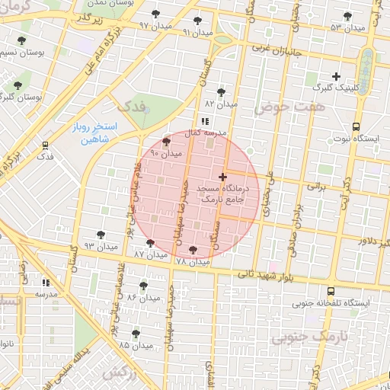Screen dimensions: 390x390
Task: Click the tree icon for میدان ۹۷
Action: (x=156, y=14)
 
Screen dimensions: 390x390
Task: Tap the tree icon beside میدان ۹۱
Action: (x=199, y=21)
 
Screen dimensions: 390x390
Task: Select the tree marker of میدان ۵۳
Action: (x=348, y=16)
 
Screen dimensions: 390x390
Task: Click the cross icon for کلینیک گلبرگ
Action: (x=336, y=76)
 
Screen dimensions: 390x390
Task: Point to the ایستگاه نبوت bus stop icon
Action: (x=356, y=127)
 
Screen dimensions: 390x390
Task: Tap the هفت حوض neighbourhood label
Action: (x=300, y=107)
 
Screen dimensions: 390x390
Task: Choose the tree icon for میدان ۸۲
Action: (x=221, y=91)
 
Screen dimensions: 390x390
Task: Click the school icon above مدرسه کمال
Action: (x=204, y=120)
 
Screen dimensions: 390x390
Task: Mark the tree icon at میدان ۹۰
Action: (x=167, y=142)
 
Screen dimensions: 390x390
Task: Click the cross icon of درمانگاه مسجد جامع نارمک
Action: (x=222, y=177)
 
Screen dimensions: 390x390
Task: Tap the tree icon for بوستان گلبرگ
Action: (x=18, y=85)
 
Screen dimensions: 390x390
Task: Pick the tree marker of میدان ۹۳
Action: (x=101, y=235)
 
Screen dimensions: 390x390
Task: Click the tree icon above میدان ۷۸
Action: (x=191, y=249)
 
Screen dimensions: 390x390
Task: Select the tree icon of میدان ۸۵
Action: (x=136, y=333)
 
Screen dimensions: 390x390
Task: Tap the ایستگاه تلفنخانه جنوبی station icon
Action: (x=331, y=291)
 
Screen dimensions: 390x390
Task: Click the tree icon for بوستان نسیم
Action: (x=18, y=42)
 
